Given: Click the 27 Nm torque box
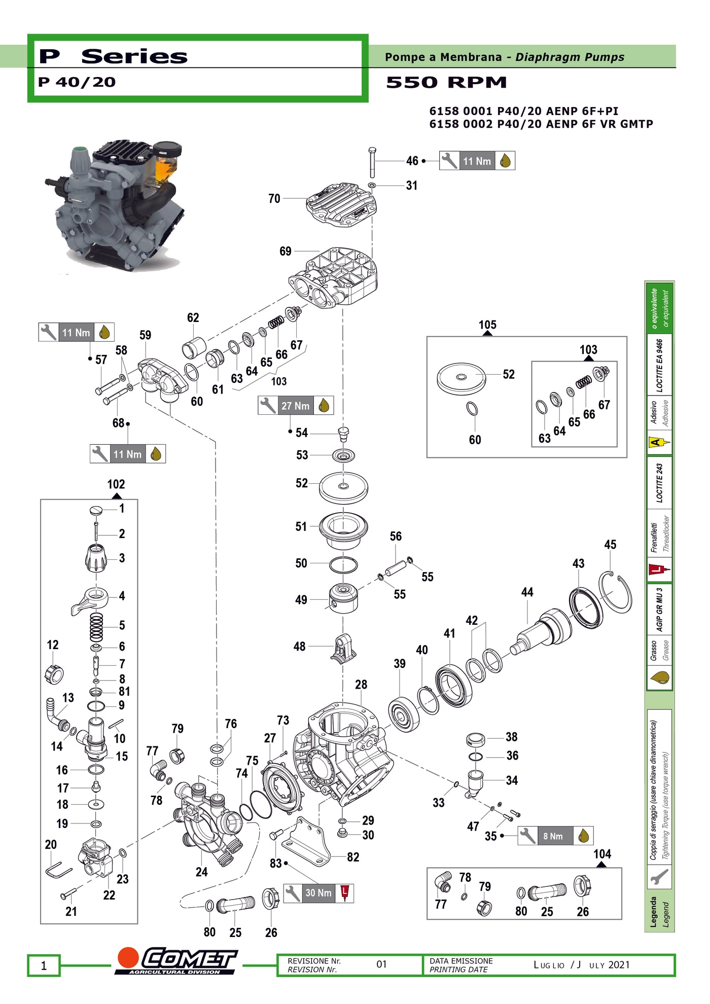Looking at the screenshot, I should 295,406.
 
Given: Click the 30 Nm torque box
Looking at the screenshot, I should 318,893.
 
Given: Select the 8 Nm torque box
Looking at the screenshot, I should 555,836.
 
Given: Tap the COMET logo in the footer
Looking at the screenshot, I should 176,961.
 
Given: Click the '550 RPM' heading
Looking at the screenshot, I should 446,82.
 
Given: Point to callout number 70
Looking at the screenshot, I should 274,198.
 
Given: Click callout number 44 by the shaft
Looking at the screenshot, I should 527,592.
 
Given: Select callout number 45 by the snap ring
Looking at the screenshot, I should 610,545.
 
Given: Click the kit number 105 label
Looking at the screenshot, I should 487,325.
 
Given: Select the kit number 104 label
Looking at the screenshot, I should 602,854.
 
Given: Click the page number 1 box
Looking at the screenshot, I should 44,965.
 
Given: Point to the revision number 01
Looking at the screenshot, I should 381,964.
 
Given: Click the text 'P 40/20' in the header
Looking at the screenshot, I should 77,82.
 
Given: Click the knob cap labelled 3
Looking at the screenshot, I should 96,558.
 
